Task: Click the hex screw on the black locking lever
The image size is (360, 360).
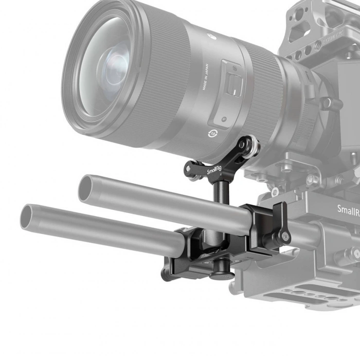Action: (284, 238)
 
